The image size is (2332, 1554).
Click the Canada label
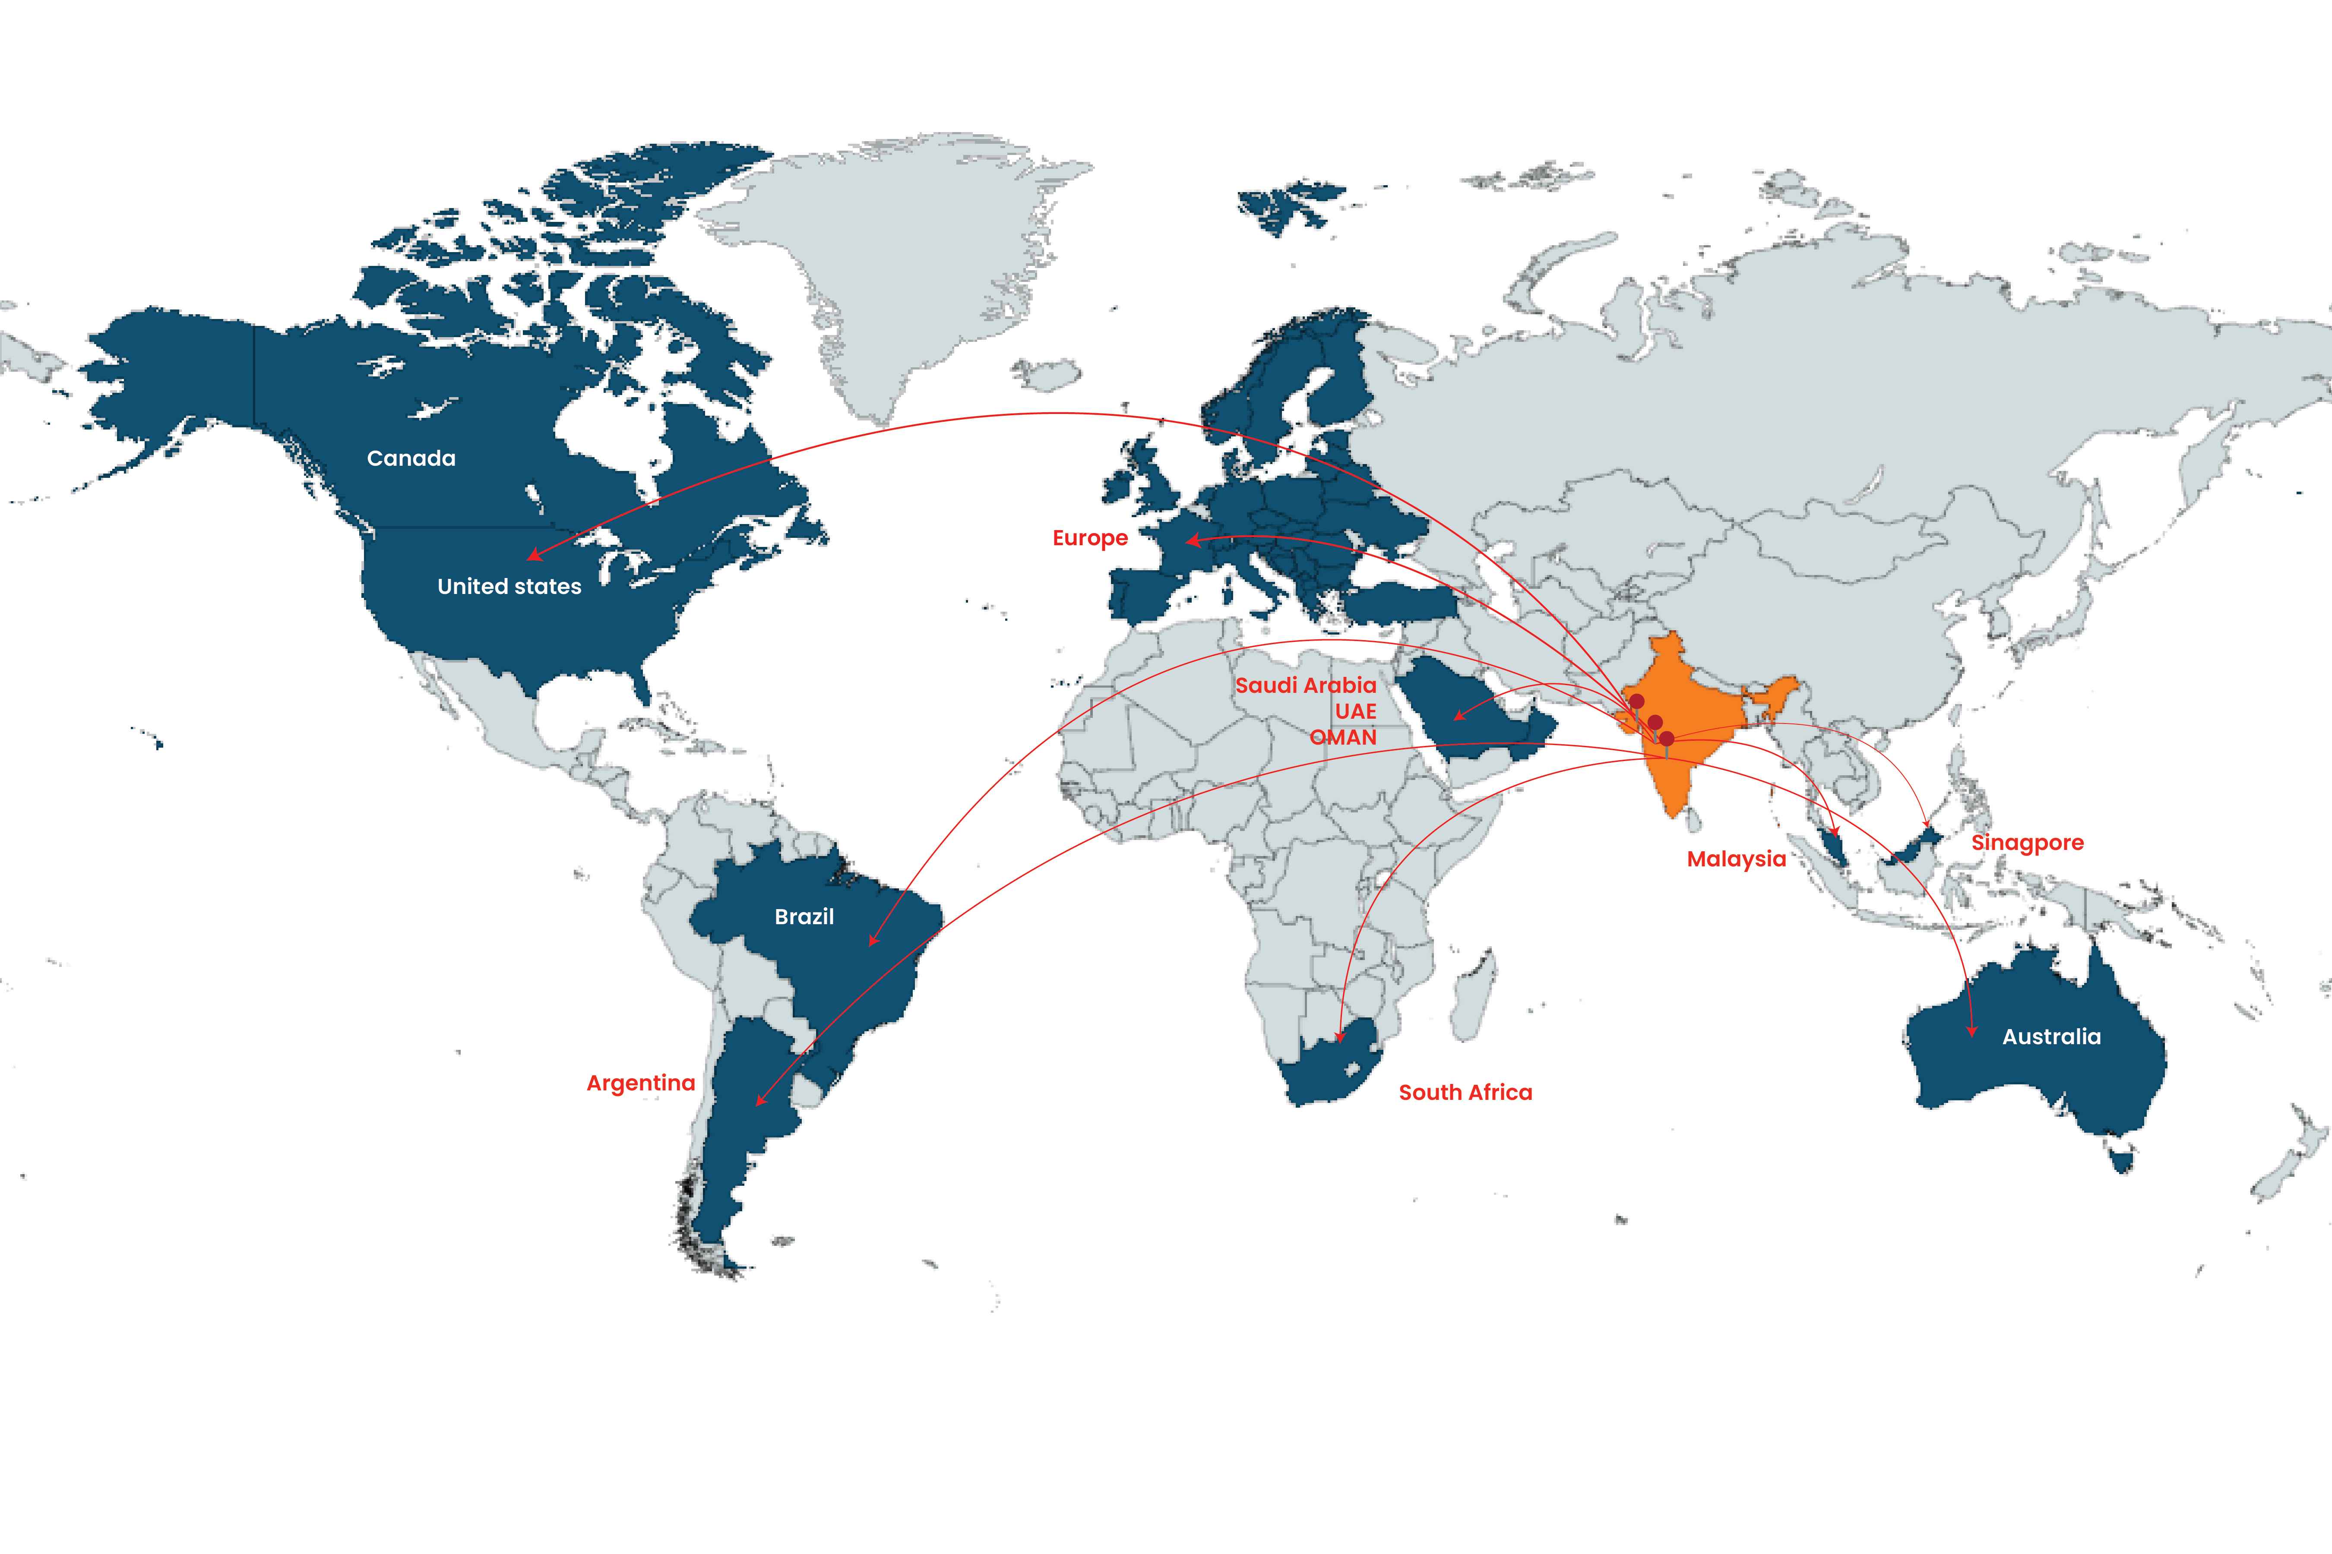pyautogui.click(x=411, y=458)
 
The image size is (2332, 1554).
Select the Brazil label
pyautogui.click(x=804, y=917)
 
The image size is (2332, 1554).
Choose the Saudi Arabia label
pyautogui.click(x=1305, y=685)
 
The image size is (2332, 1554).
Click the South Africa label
pyautogui.click(x=1465, y=1092)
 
